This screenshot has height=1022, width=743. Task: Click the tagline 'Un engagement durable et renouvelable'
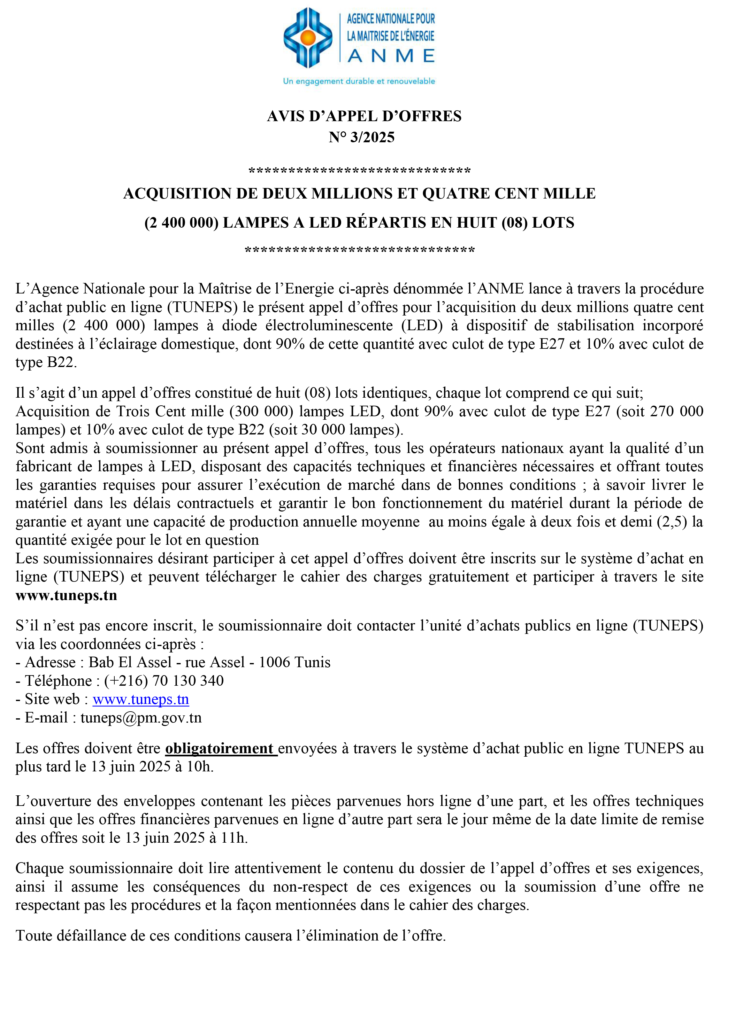pos(359,81)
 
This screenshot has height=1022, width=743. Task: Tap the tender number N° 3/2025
pos(362,137)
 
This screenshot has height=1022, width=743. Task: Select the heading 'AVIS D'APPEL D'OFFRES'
pos(364,116)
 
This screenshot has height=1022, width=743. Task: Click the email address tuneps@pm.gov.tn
pos(141,717)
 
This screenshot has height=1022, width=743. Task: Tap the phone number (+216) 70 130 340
pos(164,681)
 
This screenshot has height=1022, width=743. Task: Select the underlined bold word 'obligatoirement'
pos(220,748)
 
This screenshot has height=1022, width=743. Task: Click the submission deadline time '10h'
pos(199,767)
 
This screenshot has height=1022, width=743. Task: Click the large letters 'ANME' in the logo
pos(391,56)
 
